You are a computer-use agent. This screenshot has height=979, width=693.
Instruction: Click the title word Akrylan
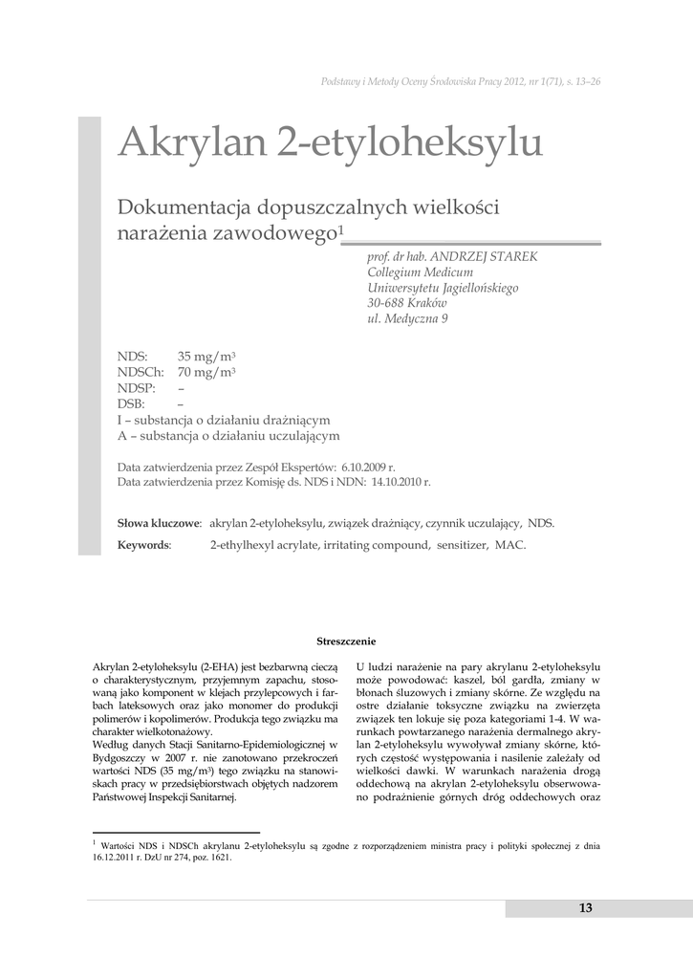click(x=191, y=144)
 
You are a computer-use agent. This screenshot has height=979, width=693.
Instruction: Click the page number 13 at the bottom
click(x=585, y=907)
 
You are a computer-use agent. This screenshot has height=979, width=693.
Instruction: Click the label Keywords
click(x=143, y=544)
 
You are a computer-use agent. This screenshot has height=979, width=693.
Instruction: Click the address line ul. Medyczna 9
click(x=408, y=319)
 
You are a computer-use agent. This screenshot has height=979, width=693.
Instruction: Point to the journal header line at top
click(x=461, y=81)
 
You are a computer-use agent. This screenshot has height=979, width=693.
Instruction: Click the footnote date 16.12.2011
click(x=116, y=858)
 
